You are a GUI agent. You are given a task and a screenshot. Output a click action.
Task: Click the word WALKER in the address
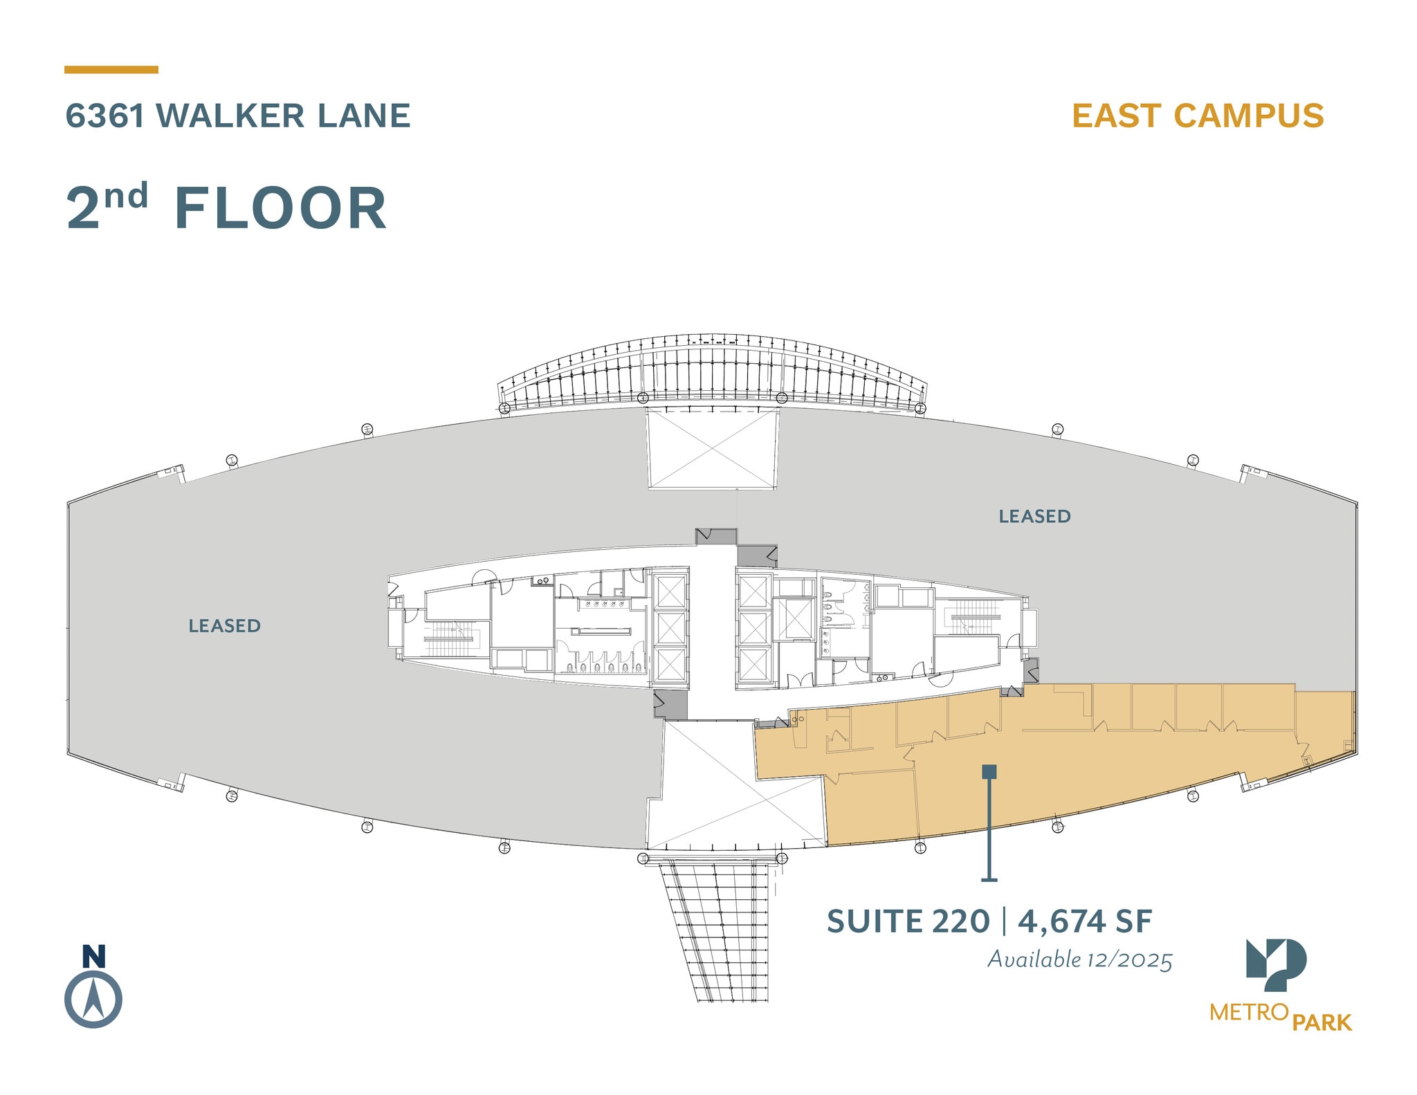(231, 116)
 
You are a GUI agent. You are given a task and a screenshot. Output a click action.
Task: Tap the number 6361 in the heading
(104, 116)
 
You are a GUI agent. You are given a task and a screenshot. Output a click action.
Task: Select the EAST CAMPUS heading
(1198, 116)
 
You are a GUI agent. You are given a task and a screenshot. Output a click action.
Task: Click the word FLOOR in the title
(280, 208)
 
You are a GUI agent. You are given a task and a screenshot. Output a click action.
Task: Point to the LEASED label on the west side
(225, 625)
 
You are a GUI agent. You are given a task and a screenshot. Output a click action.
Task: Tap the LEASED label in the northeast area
(1034, 516)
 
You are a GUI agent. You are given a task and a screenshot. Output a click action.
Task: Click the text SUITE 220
(908, 921)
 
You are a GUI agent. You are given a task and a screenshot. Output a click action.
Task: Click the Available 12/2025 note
(1079, 959)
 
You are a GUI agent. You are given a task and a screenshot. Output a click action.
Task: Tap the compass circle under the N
(93, 1000)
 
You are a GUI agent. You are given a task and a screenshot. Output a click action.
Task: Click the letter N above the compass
(93, 956)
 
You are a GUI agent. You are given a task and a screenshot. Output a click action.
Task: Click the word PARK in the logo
(1322, 1022)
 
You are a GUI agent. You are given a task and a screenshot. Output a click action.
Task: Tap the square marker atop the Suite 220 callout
(989, 771)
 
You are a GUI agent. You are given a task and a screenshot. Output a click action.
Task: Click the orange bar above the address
(111, 69)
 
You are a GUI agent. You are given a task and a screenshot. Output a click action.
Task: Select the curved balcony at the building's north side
(713, 374)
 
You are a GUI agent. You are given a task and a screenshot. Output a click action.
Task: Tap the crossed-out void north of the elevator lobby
(712, 448)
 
